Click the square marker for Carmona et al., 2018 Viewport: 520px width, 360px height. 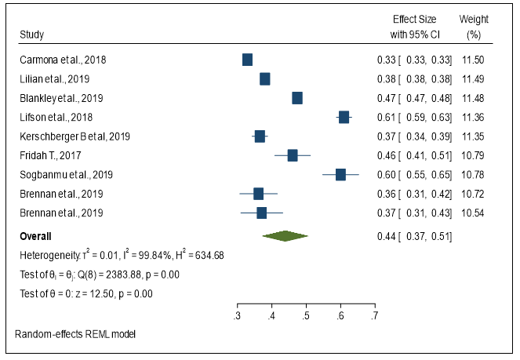[x=248, y=60]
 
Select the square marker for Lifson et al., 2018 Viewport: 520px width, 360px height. [x=344, y=117]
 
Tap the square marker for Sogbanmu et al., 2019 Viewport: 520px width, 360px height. [x=340, y=174]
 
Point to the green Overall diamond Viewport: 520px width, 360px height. [x=285, y=235]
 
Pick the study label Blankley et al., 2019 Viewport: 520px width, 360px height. [x=61, y=98]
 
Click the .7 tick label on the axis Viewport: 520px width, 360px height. [x=374, y=316]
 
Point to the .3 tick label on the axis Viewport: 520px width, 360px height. [x=237, y=316]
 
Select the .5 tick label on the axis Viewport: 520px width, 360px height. [x=306, y=316]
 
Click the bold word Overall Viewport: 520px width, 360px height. [x=36, y=235]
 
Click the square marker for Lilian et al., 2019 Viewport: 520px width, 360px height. [x=265, y=78]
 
